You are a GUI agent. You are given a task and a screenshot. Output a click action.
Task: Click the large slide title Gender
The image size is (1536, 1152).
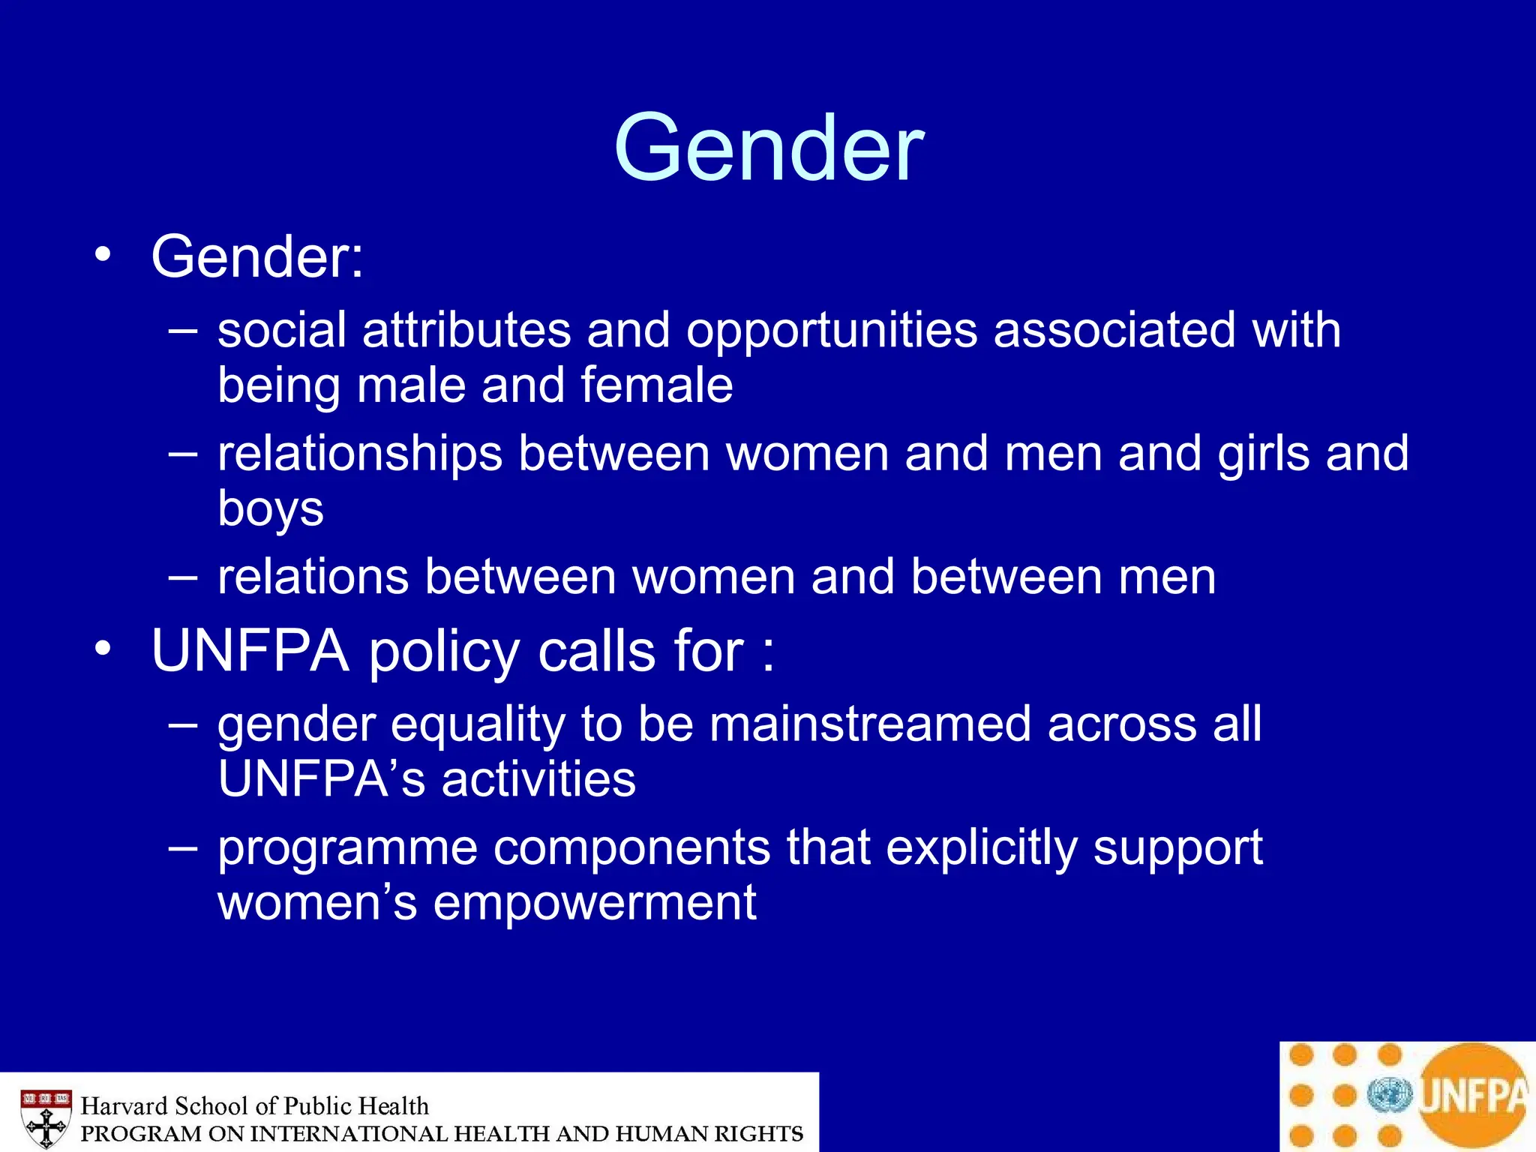769,148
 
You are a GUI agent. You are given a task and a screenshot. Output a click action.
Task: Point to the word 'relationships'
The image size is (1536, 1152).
360,454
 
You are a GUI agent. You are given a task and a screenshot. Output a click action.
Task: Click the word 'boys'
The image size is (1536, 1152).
271,509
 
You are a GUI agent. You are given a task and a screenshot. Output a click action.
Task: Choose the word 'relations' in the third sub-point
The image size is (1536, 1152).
313,577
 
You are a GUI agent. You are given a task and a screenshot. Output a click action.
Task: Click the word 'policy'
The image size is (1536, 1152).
444,651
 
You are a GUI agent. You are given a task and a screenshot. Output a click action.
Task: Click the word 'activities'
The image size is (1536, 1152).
538,778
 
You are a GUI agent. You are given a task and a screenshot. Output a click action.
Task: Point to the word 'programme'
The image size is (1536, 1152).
347,848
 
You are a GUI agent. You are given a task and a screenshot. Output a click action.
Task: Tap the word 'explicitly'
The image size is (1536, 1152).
980,848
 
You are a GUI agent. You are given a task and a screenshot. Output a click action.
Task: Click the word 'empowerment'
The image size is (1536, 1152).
595,902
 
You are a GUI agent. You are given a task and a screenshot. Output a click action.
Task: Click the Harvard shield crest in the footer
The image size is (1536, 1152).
46,1118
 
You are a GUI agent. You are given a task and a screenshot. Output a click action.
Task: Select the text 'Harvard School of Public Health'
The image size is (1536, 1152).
254,1106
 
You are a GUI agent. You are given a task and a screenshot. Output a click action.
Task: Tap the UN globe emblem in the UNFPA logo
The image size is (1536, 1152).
1389,1096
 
